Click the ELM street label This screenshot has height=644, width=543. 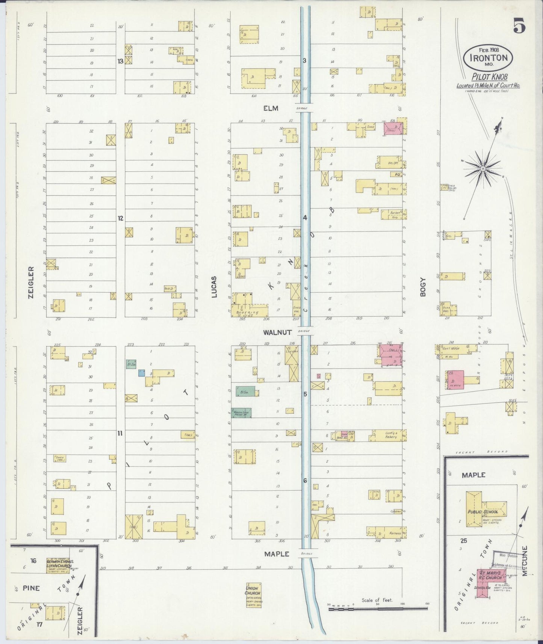click(271, 109)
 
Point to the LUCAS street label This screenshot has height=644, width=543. click(214, 287)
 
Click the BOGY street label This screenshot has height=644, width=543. click(423, 287)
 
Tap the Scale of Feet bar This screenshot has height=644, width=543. click(378, 608)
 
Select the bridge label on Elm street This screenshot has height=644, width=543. click(301, 109)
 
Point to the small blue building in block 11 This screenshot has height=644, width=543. click(141, 373)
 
